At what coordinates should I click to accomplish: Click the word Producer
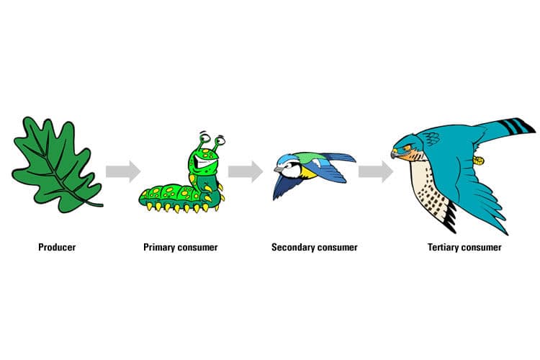57,248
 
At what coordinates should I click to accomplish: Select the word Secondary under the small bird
293,248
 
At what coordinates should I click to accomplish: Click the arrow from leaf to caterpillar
123,171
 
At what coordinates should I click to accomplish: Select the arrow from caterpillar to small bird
246,171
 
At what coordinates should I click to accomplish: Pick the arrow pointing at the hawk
376,171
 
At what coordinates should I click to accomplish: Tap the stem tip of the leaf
102,206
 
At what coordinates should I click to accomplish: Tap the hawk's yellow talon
478,160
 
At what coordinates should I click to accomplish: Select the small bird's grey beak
278,169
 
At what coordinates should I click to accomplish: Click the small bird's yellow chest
307,172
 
